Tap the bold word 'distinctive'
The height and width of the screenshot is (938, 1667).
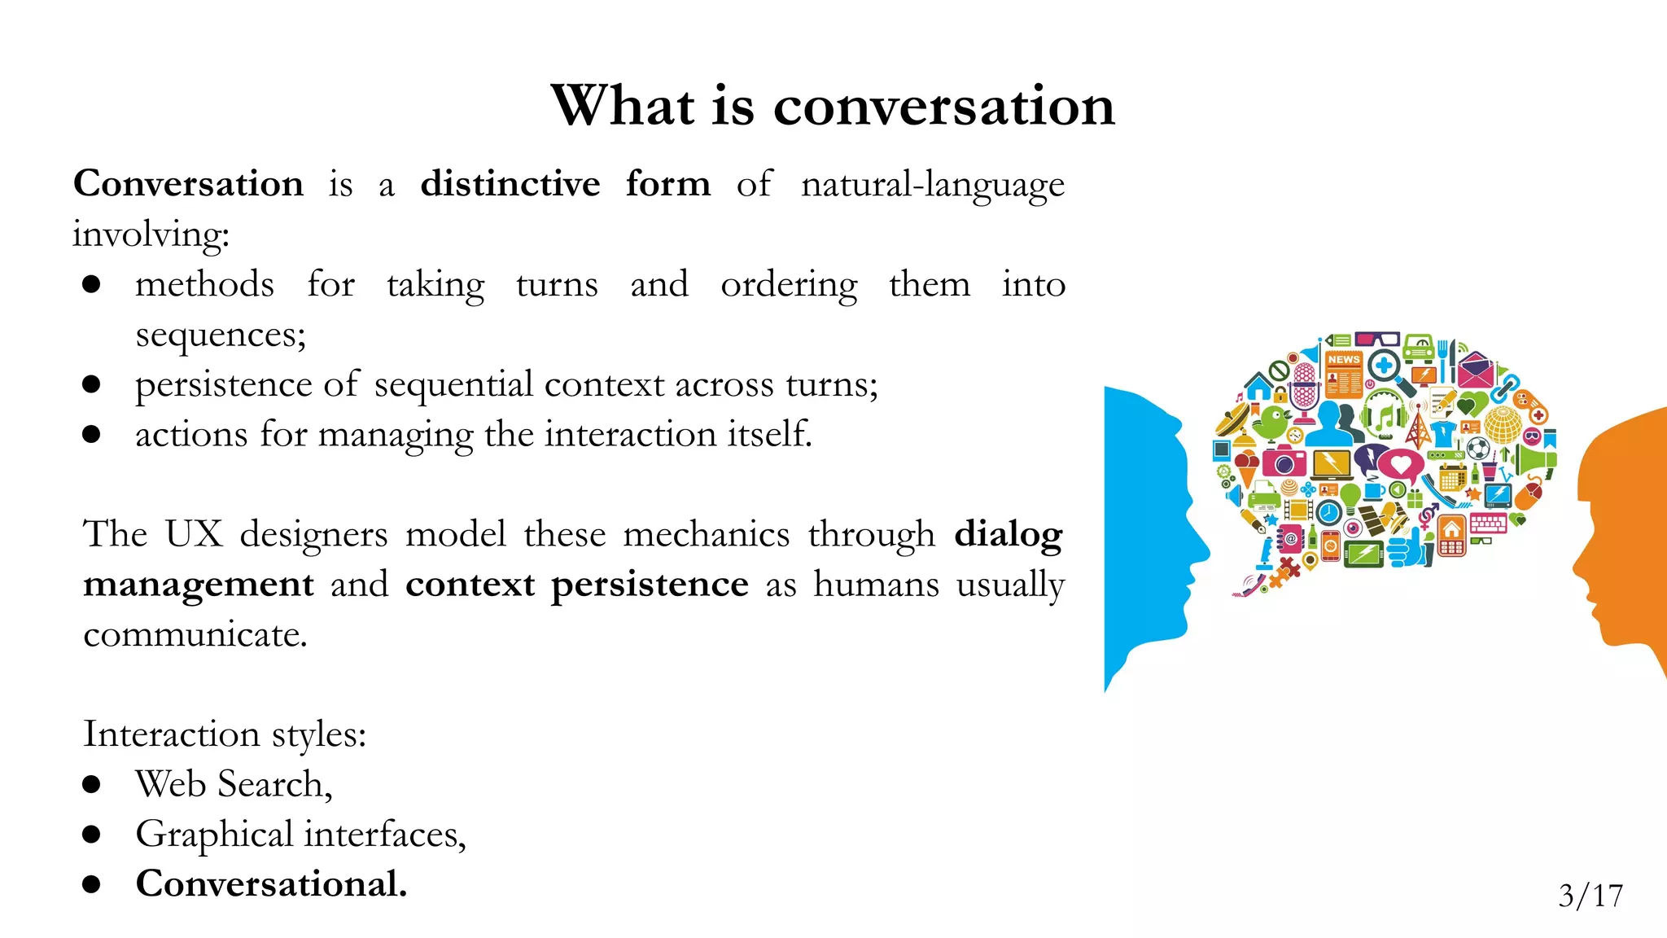510,184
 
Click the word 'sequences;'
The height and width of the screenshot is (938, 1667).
221,335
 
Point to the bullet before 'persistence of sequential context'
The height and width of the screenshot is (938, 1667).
91,384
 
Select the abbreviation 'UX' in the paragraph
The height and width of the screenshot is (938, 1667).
193,534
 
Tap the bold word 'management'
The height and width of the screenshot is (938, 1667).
198,585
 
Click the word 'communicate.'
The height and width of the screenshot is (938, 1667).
195,634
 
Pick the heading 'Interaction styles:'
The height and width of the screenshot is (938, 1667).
225,734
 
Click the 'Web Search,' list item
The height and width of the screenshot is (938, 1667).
234,784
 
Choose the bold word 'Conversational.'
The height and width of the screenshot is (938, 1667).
271,884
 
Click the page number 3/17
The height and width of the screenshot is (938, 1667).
1590,896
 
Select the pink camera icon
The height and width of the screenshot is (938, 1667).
1284,462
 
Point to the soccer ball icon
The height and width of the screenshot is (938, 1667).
1478,449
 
